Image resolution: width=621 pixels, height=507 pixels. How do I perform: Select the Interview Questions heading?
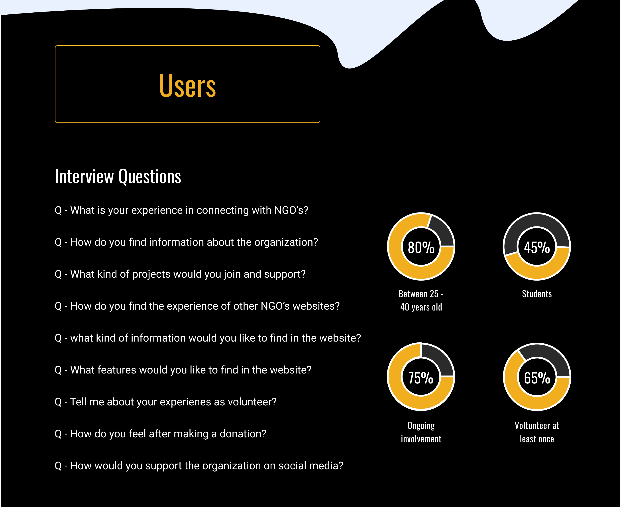coord(118,177)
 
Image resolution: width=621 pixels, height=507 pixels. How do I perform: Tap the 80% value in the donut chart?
coord(421,247)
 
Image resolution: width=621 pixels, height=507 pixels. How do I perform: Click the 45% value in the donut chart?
coord(537,247)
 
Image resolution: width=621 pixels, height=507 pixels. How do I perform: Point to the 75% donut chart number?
coord(421,378)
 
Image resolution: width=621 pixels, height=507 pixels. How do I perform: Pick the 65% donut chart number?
coord(537,378)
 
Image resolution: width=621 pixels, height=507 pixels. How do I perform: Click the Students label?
coord(537,294)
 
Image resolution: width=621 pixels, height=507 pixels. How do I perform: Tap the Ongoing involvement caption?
coord(421,432)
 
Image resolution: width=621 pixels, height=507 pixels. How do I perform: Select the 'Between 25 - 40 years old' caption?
coord(421,301)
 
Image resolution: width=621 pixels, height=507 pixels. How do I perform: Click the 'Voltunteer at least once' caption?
coord(537,432)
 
